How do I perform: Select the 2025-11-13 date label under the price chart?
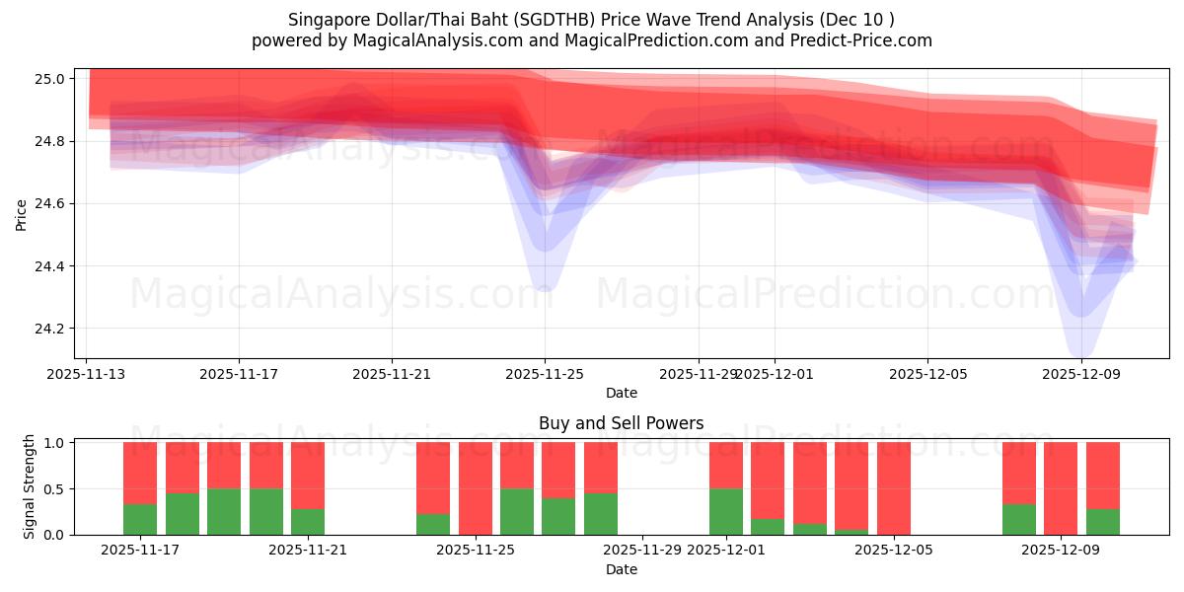[x=85, y=375]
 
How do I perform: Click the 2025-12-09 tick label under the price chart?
[x=1081, y=375]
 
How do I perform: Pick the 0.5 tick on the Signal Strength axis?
[x=54, y=489]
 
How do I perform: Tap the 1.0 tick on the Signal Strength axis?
[x=54, y=443]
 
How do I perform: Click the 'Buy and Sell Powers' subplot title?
[x=621, y=423]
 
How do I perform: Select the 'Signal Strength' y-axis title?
[x=30, y=486]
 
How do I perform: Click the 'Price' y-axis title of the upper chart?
[x=22, y=214]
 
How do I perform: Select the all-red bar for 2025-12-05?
[x=894, y=488]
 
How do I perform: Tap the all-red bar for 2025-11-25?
[x=476, y=488]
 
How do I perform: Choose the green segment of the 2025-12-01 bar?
[x=726, y=511]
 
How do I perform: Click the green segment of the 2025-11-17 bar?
[x=140, y=519]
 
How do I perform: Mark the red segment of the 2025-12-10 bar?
[x=1103, y=475]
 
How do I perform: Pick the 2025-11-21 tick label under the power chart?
[x=308, y=551]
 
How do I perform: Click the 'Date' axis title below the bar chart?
[x=621, y=569]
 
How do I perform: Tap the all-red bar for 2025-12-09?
[x=1061, y=488]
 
